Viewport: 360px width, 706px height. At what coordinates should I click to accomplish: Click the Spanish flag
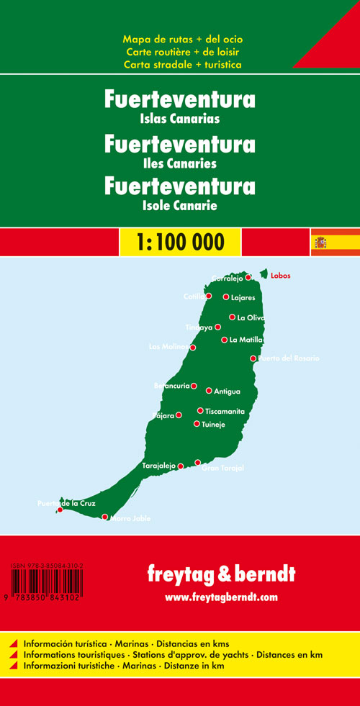tap(335, 242)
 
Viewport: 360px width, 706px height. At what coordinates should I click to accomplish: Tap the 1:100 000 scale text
tap(180, 242)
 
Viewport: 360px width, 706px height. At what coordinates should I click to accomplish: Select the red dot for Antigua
tap(209, 391)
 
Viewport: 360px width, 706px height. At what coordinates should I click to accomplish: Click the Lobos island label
tap(282, 276)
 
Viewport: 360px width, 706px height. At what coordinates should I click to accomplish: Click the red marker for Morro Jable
tap(105, 517)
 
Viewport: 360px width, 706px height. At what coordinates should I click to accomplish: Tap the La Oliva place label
tap(251, 317)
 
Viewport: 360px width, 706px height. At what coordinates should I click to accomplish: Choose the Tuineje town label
tap(215, 424)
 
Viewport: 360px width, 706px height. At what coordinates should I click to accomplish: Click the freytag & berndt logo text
tap(222, 576)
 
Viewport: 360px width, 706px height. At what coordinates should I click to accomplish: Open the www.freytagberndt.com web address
tap(221, 597)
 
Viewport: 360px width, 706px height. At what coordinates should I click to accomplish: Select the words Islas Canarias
tap(180, 119)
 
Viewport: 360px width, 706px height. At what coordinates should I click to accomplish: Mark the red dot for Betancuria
tap(194, 386)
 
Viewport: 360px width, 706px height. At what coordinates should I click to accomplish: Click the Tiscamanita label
tap(225, 411)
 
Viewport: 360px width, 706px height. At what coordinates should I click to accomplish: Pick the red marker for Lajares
tap(226, 297)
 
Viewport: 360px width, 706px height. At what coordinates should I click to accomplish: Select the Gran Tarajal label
tap(222, 469)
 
